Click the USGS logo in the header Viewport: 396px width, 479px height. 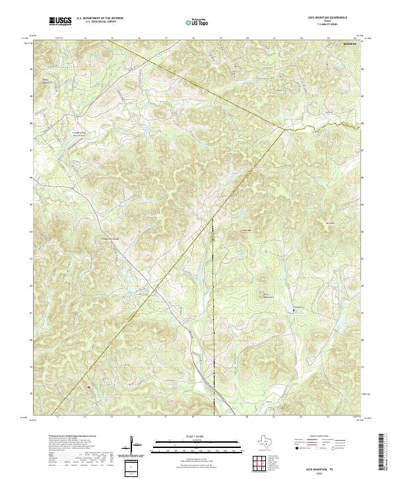click(x=60, y=22)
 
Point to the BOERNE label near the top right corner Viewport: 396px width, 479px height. click(x=348, y=44)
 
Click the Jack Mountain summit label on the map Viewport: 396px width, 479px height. click(x=268, y=295)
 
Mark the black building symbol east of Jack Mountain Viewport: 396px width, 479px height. click(x=294, y=309)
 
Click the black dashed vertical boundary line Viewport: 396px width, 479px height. click(x=213, y=297)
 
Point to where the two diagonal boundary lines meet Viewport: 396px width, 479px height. click(x=284, y=129)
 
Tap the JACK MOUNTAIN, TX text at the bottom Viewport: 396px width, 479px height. click(x=319, y=467)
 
